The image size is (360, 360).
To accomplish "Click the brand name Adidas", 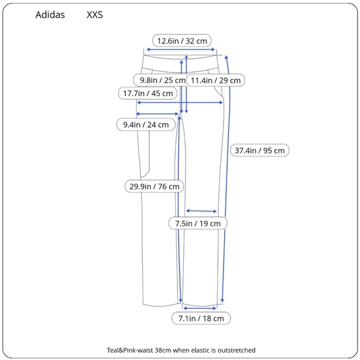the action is (x=50, y=15).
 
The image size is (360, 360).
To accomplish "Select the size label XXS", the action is (x=94, y=15).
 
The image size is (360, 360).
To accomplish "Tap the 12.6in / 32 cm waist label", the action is (x=182, y=41).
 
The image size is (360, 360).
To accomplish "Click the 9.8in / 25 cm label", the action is (x=163, y=80).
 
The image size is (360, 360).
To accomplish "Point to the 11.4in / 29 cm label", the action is (x=215, y=80).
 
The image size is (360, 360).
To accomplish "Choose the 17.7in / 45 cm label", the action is (x=148, y=93).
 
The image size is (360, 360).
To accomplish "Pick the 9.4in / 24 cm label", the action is (x=146, y=125).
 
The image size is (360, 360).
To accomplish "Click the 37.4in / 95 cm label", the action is (x=259, y=150).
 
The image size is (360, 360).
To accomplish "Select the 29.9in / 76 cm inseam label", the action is (x=155, y=186).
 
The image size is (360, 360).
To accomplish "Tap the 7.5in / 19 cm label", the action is (x=198, y=223).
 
